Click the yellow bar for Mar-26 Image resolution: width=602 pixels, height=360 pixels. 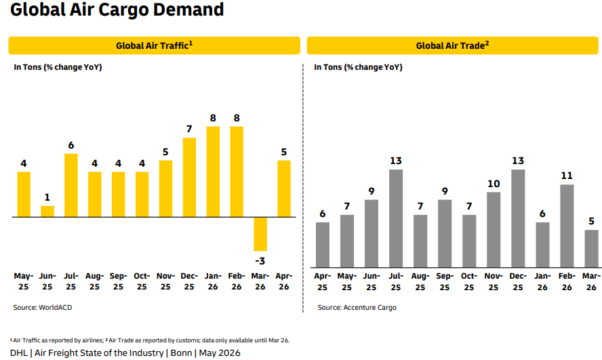point(260,234)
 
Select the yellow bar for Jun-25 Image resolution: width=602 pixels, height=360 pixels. point(47,212)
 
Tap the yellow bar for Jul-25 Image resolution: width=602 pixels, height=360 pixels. point(71,185)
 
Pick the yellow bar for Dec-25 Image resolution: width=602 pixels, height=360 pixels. point(189,178)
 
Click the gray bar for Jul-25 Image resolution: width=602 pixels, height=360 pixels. point(396,218)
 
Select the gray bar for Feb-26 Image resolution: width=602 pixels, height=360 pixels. point(567,226)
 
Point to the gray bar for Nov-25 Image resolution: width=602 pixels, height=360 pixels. point(494,230)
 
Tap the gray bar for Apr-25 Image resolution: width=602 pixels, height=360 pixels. point(323,245)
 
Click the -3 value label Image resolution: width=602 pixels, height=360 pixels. point(260,261)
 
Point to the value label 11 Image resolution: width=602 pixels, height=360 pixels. point(567,176)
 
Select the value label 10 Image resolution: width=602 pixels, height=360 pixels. point(494,184)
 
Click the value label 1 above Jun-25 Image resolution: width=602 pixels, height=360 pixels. point(47,197)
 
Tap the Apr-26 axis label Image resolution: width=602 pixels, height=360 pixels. point(284,281)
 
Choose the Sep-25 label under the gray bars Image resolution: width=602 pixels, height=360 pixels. point(445,282)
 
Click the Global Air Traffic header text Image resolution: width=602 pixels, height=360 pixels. point(155,45)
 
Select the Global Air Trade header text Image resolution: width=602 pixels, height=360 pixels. point(453,45)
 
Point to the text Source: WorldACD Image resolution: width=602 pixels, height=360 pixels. point(43,307)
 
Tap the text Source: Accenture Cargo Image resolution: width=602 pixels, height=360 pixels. point(357,307)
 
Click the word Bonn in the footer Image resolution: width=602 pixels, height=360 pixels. point(181,353)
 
